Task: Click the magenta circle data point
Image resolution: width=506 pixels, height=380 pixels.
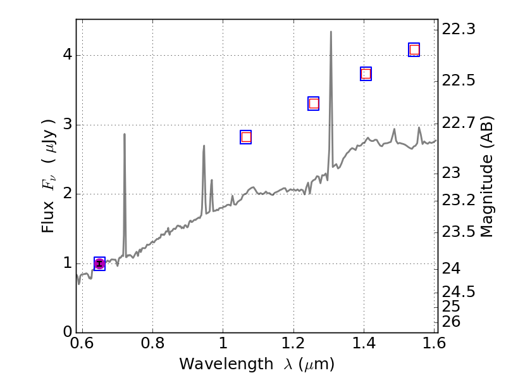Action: coord(99,264)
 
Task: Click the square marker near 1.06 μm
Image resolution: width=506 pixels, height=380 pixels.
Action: coord(246,137)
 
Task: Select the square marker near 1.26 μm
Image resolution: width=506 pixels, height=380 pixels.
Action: coord(313,104)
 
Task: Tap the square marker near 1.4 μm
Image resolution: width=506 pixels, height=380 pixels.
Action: coord(366,74)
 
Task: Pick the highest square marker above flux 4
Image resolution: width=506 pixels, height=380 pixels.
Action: coord(414,49)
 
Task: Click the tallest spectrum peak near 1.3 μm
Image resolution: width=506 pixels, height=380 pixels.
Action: coord(331,32)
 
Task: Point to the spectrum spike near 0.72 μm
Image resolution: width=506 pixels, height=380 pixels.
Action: coord(124,134)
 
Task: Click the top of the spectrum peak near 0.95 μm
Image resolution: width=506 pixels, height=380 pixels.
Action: coord(204,146)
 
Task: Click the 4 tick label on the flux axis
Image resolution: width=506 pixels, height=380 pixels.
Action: coord(65,55)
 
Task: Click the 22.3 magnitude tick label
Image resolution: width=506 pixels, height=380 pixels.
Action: coord(459,29)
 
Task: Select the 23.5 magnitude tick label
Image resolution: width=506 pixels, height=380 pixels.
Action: coord(459,231)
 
